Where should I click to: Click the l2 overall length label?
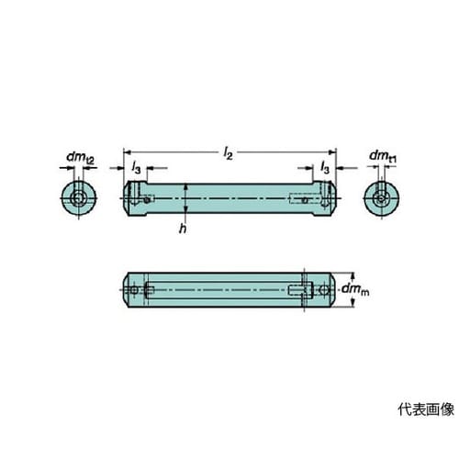point(229,153)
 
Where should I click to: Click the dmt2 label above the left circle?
point(81,158)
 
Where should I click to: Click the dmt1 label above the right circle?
point(383,156)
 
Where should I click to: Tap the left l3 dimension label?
point(136,168)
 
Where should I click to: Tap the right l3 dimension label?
point(325,168)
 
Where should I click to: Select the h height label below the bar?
point(183,229)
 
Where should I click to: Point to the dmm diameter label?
point(355,289)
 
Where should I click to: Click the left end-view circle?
point(79,198)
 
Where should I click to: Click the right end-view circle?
point(381,198)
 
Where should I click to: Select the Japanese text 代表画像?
point(426,409)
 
